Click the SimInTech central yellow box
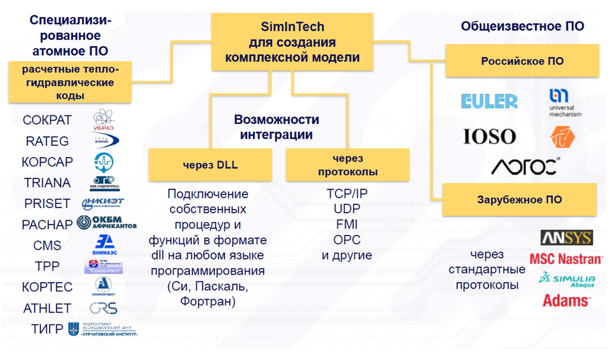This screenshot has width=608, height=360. [x=292, y=42]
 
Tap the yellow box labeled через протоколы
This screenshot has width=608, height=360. [x=348, y=165]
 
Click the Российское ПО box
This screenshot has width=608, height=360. [x=522, y=61]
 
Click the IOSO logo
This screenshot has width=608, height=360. [x=489, y=136]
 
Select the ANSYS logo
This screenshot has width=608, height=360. [x=566, y=238]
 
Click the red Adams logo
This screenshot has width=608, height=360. [x=566, y=301]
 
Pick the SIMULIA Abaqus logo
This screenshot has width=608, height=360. [x=566, y=279]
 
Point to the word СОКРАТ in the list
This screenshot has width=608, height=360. [x=47, y=120]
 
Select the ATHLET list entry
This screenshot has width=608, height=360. [x=47, y=308]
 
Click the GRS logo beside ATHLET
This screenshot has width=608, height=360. [x=103, y=308]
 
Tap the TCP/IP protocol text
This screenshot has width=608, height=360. [x=347, y=194]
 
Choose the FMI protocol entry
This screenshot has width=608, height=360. [x=347, y=224]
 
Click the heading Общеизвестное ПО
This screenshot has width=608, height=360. [x=522, y=26]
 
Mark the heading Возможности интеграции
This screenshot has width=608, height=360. [x=276, y=127]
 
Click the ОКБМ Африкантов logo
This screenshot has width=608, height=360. [x=105, y=224]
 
